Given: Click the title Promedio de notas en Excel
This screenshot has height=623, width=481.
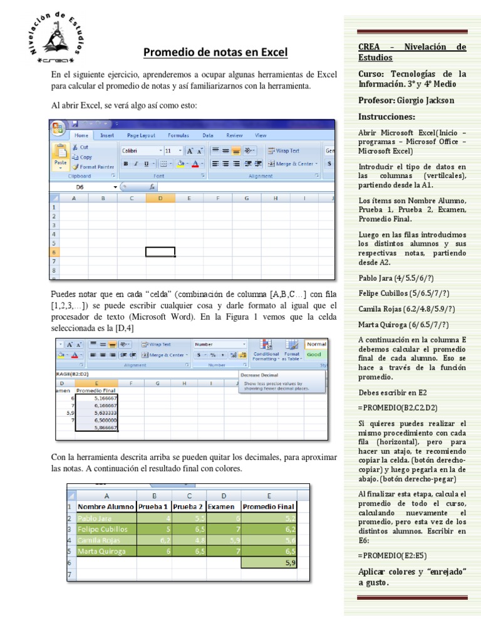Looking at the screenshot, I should [x=215, y=52].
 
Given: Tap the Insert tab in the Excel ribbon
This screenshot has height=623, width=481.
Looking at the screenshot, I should [x=107, y=135].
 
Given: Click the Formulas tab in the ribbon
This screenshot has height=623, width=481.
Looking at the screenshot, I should [x=178, y=135].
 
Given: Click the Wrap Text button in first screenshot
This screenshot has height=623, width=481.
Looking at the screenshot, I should [x=283, y=150].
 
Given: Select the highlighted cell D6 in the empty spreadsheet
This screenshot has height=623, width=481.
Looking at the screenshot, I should [x=160, y=252].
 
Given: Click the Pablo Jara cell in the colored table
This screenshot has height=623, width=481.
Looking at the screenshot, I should [x=106, y=518].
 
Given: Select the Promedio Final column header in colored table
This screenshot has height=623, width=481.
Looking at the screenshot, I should [x=268, y=506].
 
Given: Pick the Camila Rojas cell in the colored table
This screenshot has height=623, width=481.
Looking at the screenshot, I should [x=106, y=540].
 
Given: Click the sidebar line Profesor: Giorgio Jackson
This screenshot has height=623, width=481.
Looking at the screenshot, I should [x=406, y=100].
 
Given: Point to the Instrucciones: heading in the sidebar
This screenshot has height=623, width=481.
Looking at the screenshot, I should [x=386, y=117].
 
